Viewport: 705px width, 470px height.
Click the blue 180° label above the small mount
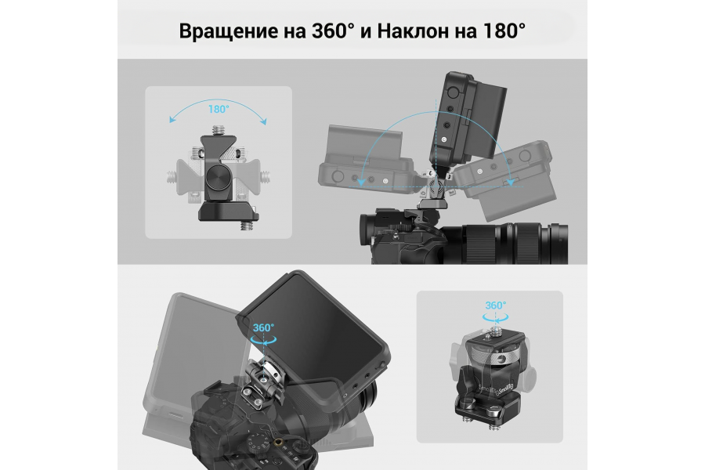[219, 109]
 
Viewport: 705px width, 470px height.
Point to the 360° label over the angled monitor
[263, 328]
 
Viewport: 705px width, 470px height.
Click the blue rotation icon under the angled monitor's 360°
[262, 340]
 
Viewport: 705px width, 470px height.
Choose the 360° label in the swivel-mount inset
[496, 305]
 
